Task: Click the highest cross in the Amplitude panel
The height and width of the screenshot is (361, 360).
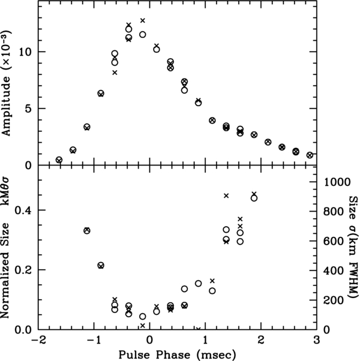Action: coord(143,20)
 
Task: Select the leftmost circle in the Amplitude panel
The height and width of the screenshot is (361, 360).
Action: coord(59,160)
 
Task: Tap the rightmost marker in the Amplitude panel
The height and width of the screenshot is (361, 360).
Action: coord(310,155)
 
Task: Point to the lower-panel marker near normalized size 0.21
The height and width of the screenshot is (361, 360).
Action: coord(101,265)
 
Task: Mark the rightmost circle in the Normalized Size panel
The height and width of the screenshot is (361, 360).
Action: coord(254,198)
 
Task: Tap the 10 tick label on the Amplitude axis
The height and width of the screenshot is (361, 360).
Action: coord(23,52)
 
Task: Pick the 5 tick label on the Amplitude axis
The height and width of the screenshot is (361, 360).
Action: coord(26,109)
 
